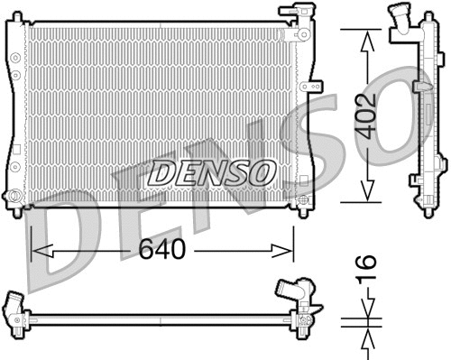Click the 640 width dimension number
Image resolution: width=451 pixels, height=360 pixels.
(x=163, y=250)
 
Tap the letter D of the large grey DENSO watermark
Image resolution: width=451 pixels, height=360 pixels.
(x=63, y=244)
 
